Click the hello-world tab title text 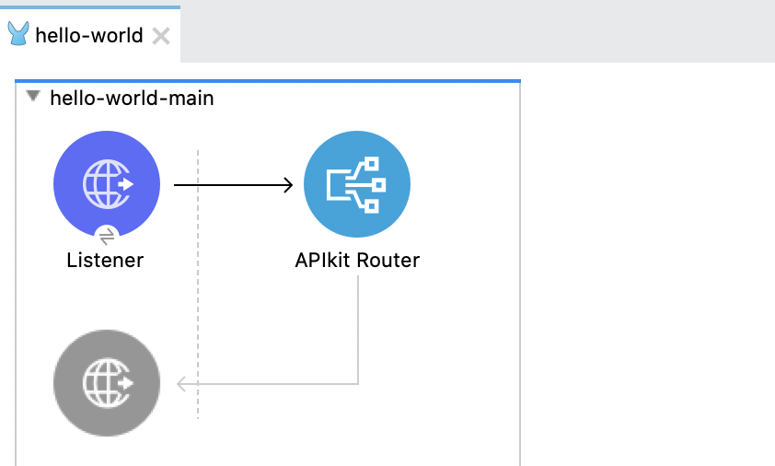88,36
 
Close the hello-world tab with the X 160,36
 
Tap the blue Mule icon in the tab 18,35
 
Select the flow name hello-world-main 132,98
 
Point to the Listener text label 105,260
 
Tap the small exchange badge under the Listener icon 106,236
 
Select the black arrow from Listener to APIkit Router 230,185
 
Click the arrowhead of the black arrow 287,185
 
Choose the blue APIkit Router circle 356,183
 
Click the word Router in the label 388,260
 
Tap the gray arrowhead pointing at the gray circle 182,383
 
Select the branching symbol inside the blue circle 357,184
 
